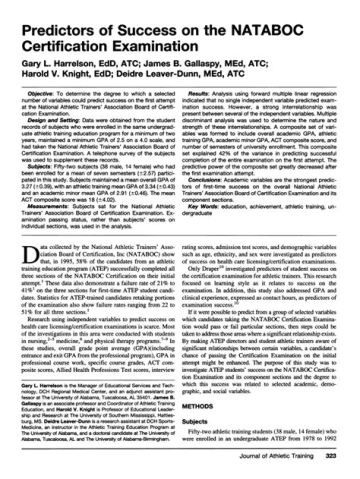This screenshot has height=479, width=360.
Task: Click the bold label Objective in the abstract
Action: point(54,94)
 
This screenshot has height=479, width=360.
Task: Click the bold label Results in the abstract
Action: point(199,94)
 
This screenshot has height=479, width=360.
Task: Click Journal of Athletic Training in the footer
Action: point(276,456)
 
